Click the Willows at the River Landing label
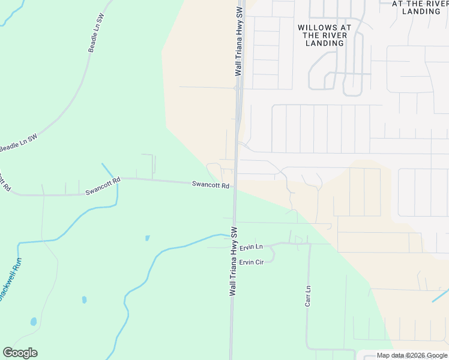click(x=325, y=35)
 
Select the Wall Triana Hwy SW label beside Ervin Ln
click(x=234, y=261)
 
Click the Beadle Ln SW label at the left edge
click(x=18, y=142)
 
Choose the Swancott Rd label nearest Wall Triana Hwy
click(x=211, y=185)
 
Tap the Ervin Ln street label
click(x=251, y=247)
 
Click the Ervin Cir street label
click(x=252, y=262)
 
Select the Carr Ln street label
click(x=307, y=296)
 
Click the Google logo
click(x=20, y=353)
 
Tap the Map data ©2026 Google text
click(x=412, y=356)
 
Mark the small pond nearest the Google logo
click(x=34, y=322)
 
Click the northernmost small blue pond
click(x=148, y=238)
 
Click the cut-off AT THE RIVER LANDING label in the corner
click(x=420, y=7)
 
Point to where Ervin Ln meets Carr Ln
click(x=309, y=244)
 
